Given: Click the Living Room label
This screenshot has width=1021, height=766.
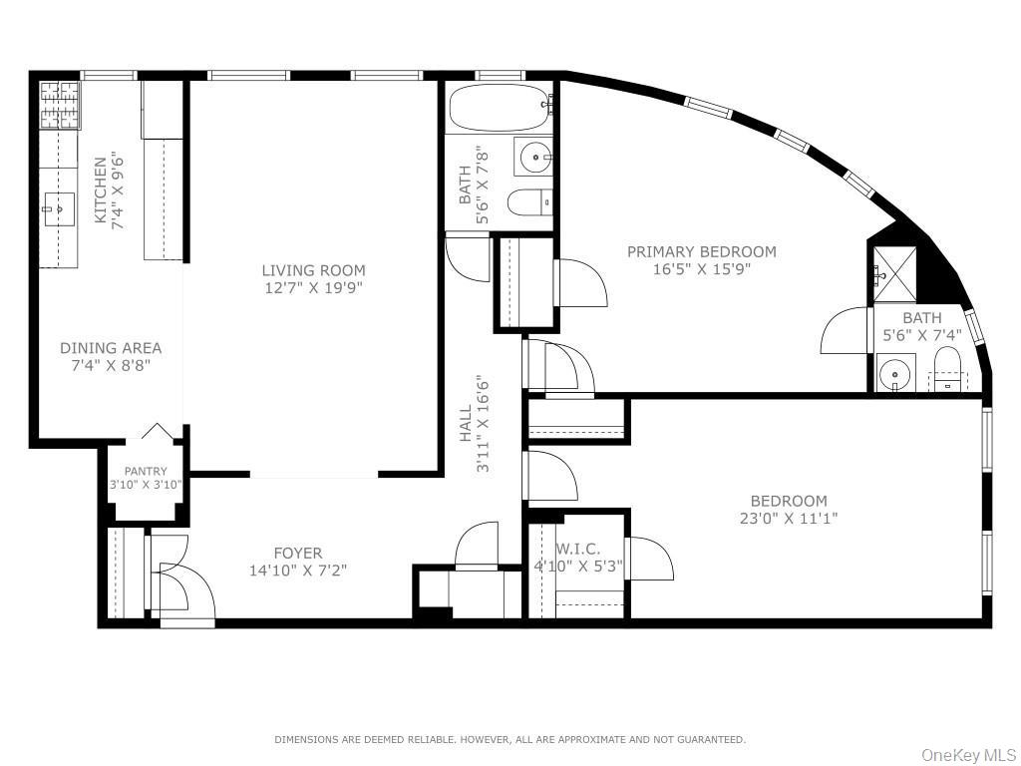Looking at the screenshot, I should click(x=313, y=270).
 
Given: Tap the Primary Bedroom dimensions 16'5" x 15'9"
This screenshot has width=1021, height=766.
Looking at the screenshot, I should click(x=701, y=268).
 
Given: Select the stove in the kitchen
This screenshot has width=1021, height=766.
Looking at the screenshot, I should click(x=59, y=106).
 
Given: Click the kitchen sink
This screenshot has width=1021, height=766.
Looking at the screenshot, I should click(x=59, y=209).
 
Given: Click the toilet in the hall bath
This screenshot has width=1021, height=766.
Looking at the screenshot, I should click(x=528, y=202).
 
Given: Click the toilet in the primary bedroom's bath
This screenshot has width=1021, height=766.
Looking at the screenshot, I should click(x=946, y=368).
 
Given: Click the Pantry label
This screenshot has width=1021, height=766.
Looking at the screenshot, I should click(x=146, y=472).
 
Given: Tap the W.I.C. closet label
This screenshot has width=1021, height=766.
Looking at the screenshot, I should click(x=577, y=549).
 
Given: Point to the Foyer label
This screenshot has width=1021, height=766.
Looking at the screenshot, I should click(x=297, y=554).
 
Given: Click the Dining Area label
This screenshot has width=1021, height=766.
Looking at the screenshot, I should click(x=111, y=348).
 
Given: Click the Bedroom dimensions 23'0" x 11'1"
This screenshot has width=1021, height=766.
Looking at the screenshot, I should click(x=788, y=518).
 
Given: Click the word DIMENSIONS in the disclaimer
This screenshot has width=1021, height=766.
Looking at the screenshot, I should click(x=308, y=739).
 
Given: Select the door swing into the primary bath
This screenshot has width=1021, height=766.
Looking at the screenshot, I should click(x=846, y=331).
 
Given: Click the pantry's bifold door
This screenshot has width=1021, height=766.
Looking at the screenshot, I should click(x=157, y=431).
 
